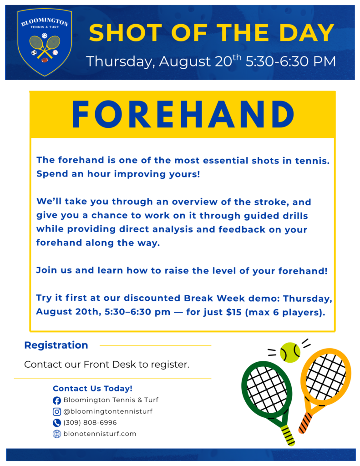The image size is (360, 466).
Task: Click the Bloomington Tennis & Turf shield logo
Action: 45,42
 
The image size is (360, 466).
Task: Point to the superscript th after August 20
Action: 237,57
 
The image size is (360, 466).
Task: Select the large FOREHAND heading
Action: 183,114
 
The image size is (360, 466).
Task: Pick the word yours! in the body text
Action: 185,174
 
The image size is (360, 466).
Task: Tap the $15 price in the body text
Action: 233,312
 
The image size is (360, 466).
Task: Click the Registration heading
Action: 56,345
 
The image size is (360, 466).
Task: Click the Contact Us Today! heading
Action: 92,389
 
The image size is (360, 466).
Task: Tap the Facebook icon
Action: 57,400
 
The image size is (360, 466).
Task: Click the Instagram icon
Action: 57,411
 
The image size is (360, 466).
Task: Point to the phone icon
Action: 57,423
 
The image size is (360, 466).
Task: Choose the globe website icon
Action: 57,434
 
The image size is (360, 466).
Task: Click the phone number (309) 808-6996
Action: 90,423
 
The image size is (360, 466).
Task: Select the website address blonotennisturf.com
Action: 100,434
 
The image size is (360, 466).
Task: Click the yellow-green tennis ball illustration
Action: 290,353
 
